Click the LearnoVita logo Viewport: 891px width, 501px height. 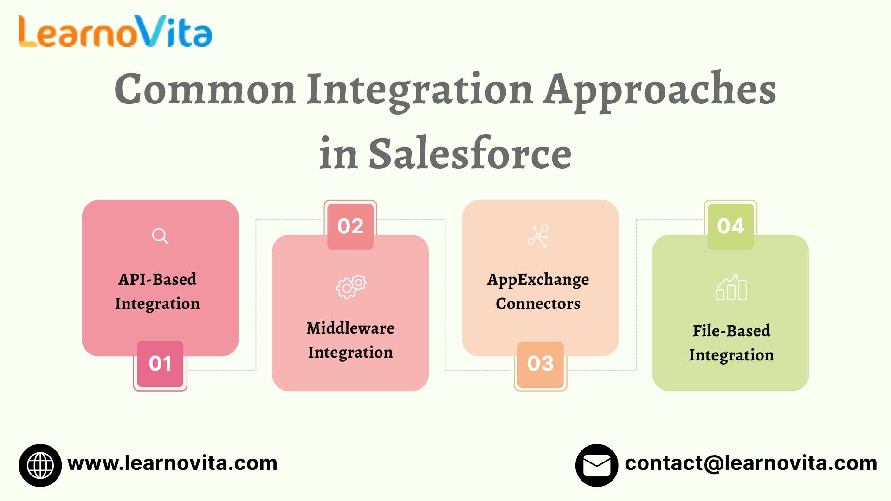click(115, 32)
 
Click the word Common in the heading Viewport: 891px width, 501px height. click(205, 89)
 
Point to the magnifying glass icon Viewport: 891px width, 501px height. click(160, 236)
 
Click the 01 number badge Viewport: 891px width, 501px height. click(160, 364)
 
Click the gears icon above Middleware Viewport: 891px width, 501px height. click(351, 286)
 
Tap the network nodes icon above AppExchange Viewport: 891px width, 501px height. click(538, 236)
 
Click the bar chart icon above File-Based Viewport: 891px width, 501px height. click(731, 288)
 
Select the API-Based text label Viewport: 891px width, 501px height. click(157, 279)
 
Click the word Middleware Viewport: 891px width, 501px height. click(350, 328)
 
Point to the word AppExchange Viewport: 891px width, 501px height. click(538, 280)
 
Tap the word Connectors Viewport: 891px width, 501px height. click(538, 304)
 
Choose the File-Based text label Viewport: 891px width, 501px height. click(731, 331)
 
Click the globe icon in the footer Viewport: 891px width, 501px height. click(40, 465)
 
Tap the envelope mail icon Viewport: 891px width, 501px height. click(597, 465)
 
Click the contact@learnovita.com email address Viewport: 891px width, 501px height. click(751, 463)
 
